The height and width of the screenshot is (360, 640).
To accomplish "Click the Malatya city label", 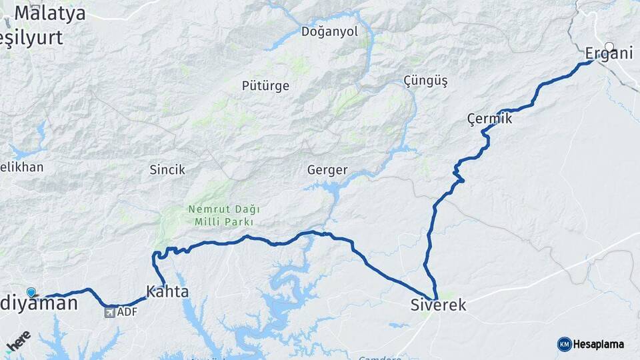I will (49, 13).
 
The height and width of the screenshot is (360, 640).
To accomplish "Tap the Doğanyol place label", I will (329, 31).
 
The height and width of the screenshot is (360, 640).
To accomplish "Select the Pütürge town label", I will (265, 85).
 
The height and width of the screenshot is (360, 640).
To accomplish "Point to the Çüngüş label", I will (425, 81).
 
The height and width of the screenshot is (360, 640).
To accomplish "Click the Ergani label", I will (608, 53).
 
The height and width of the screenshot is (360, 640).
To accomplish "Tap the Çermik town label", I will (489, 119).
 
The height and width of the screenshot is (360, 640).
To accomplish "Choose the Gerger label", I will (327, 170).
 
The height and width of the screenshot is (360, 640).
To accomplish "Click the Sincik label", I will (167, 170).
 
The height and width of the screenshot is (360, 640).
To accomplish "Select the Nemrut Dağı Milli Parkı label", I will (224, 215).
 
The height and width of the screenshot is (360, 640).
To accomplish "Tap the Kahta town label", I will (167, 292).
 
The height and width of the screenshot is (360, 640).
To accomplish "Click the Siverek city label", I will (438, 305).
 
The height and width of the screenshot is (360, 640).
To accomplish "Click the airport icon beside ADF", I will (109, 312).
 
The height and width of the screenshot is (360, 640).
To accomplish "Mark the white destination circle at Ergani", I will (609, 47).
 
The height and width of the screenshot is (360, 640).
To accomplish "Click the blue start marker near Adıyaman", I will (31, 292).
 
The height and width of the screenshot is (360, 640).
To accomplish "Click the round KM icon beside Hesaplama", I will (564, 345).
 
